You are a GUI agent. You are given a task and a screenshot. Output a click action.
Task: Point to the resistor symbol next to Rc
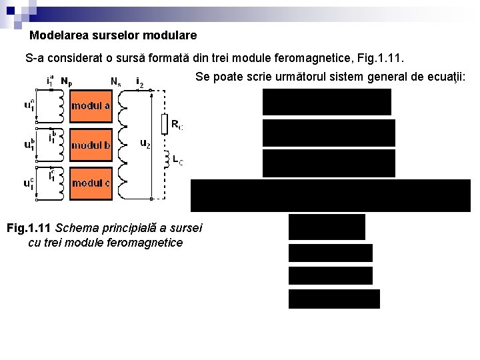[x=164, y=125]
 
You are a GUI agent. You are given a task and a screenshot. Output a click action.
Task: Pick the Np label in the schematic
[x=67, y=81]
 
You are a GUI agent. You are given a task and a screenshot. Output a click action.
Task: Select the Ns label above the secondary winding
[x=115, y=82]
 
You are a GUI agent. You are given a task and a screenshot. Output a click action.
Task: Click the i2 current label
[x=139, y=81]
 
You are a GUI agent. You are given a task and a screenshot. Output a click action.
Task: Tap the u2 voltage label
[x=145, y=143]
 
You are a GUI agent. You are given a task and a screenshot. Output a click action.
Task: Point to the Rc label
[x=177, y=124]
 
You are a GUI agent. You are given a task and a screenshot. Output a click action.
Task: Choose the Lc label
[x=178, y=160]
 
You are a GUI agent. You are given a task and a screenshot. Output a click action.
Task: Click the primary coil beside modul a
[x=61, y=106]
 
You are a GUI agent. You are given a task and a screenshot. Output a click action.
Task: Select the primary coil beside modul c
[x=61, y=183]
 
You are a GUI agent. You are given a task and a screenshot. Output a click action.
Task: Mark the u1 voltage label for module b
[x=29, y=144]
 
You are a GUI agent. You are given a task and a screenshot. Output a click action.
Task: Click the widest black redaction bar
[x=331, y=195]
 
